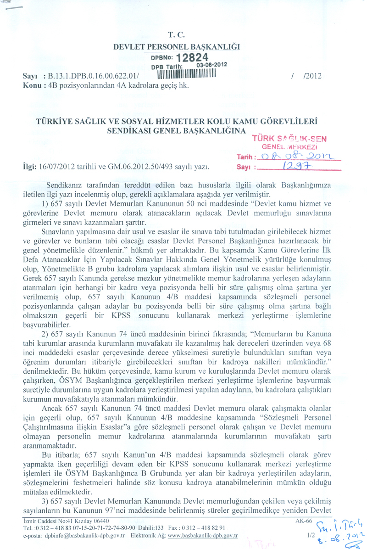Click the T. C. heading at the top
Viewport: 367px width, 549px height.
[x=177, y=34]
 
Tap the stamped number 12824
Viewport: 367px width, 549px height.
[x=192, y=58]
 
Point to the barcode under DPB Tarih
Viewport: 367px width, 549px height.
[x=186, y=74]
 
